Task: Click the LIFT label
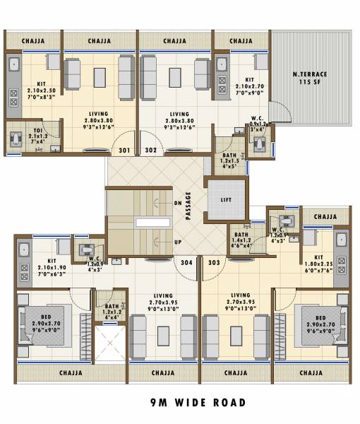[x=226, y=200]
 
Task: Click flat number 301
[x=125, y=151]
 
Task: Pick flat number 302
[x=150, y=151]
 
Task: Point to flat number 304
[x=186, y=263]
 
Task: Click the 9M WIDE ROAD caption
[x=198, y=403]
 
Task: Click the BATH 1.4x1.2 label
[x=241, y=241]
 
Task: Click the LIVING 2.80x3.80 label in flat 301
[x=99, y=120]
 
